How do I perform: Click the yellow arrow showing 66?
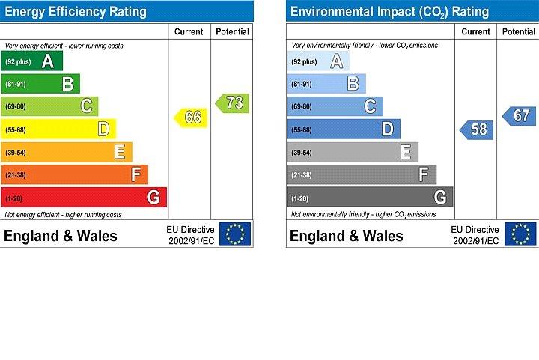pyautogui.click(x=191, y=118)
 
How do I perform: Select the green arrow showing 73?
pyautogui.click(x=232, y=103)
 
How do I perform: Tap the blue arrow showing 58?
pyautogui.click(x=477, y=129)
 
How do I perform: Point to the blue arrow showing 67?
pyautogui.click(x=519, y=116)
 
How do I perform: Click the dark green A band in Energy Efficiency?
pyautogui.click(x=32, y=61)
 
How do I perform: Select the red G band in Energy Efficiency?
pyautogui.click(x=84, y=197)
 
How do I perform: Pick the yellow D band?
pyautogui.click(x=59, y=129)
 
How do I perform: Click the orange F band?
pyautogui.click(x=75, y=174)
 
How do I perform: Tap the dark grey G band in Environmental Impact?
pyautogui.click(x=371, y=197)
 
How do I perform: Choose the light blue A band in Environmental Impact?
pyautogui.click(x=318, y=61)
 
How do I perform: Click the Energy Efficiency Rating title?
pyautogui.click(x=76, y=12)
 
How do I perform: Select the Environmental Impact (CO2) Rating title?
pyautogui.click(x=389, y=12)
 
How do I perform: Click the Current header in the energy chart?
pyautogui.click(x=189, y=31)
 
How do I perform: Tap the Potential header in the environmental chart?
pyautogui.click(x=519, y=31)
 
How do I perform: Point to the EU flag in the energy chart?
pyautogui.click(x=235, y=234)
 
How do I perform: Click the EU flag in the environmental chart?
pyautogui.click(x=520, y=234)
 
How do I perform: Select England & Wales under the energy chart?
pyautogui.click(x=61, y=236)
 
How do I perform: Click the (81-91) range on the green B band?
pyautogui.click(x=16, y=84)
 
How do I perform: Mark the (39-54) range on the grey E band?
pyautogui.click(x=302, y=153)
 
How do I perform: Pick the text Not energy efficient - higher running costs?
pyautogui.click(x=63, y=215)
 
